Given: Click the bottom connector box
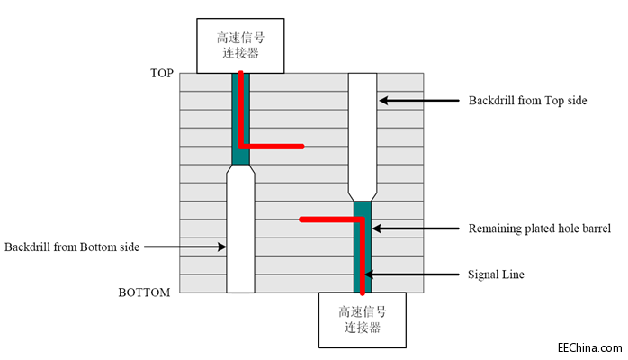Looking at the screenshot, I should (363, 320).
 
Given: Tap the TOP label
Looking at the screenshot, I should (161, 73).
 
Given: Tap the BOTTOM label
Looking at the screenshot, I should (144, 292).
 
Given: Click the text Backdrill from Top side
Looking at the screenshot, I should (527, 100).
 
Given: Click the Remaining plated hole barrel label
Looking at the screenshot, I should (534, 229).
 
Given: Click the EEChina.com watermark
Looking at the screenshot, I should (589, 347).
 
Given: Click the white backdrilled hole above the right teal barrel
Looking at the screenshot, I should (362, 135).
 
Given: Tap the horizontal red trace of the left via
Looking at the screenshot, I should (275, 146).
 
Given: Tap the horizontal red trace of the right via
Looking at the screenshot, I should (328, 219).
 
